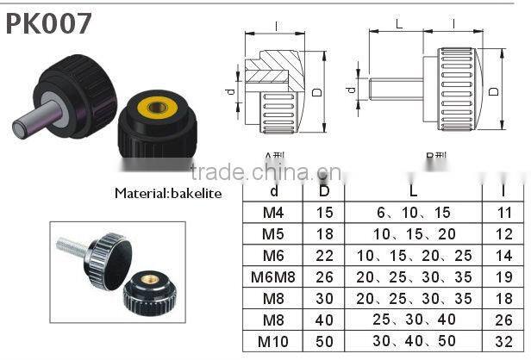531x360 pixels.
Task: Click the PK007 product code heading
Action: click(x=49, y=23)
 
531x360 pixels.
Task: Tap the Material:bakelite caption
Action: click(x=167, y=194)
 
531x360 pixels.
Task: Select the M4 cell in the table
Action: click(x=274, y=213)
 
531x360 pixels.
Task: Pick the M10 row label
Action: click(x=274, y=340)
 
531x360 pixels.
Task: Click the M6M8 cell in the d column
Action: click(x=274, y=276)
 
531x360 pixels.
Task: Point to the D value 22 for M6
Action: click(x=324, y=255)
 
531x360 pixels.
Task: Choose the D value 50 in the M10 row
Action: click(x=324, y=340)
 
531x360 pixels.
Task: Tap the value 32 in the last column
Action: click(x=504, y=340)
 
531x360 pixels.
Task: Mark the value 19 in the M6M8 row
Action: click(x=504, y=276)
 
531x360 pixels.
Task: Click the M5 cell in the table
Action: click(x=274, y=234)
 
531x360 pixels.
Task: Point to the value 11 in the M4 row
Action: click(x=504, y=213)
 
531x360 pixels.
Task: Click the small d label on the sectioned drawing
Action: click(x=228, y=90)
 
